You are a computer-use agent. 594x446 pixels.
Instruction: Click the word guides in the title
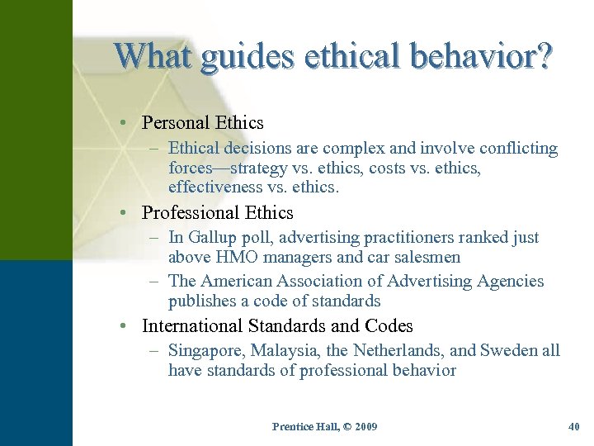point(247,55)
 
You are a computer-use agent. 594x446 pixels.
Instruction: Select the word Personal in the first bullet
point(176,123)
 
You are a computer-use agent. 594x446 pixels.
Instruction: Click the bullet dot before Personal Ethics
point(121,123)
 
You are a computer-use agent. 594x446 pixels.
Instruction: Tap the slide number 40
point(574,426)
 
